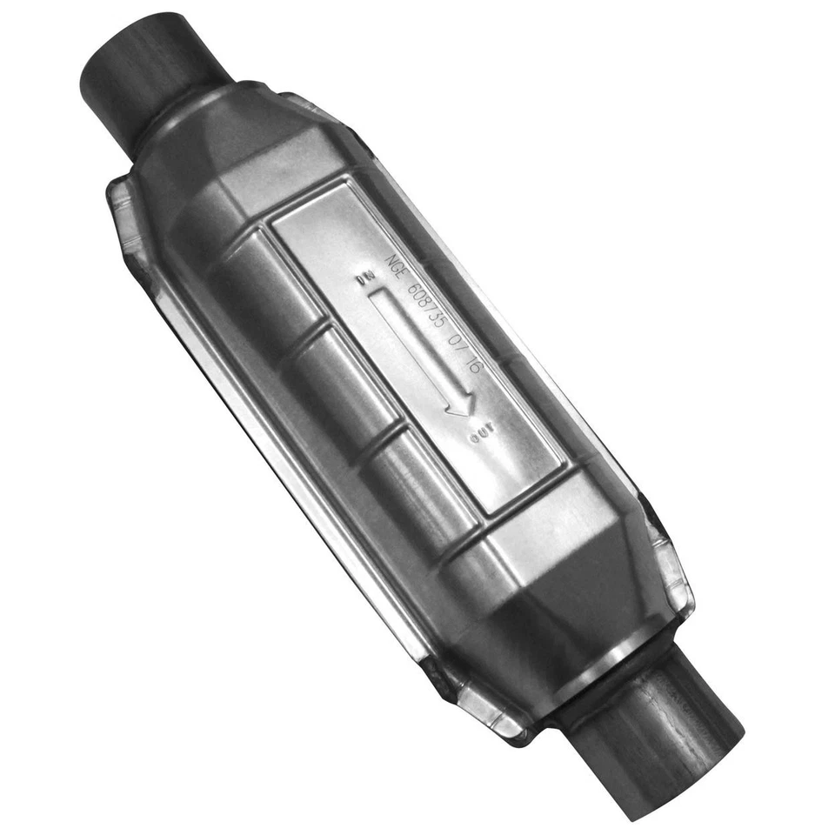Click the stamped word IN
coord(365,280)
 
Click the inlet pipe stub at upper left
coord(148,74)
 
